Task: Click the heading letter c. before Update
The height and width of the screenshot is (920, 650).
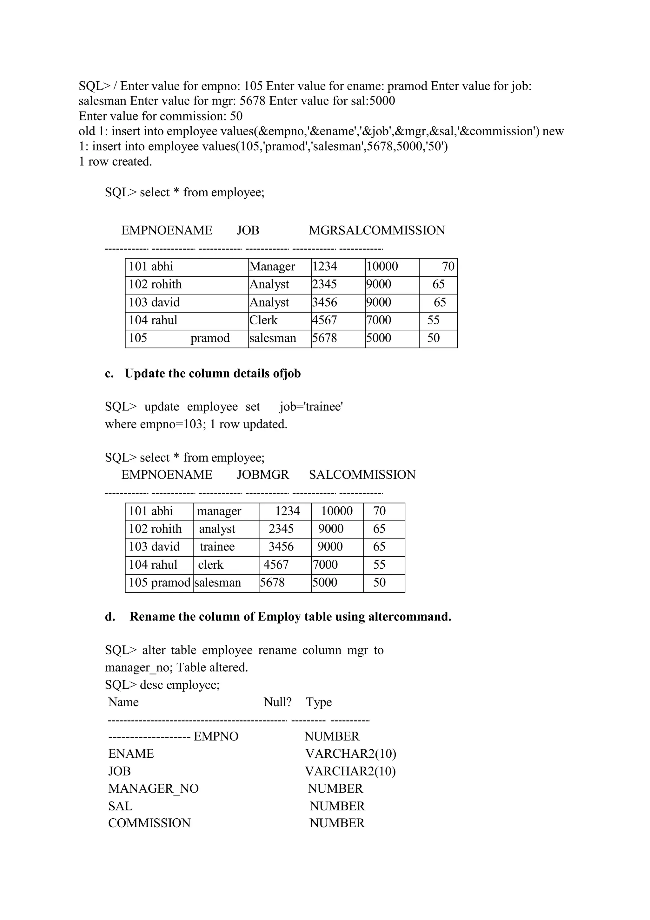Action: coord(109,374)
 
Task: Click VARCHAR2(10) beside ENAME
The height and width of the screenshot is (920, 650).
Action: coord(351,754)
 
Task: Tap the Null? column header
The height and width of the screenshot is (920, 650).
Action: coord(277,702)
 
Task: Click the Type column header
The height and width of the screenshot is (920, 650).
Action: coord(319,702)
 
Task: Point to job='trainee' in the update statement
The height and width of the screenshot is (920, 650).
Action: coord(311,407)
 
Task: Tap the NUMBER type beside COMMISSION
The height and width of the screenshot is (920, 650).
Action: coord(337,823)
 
